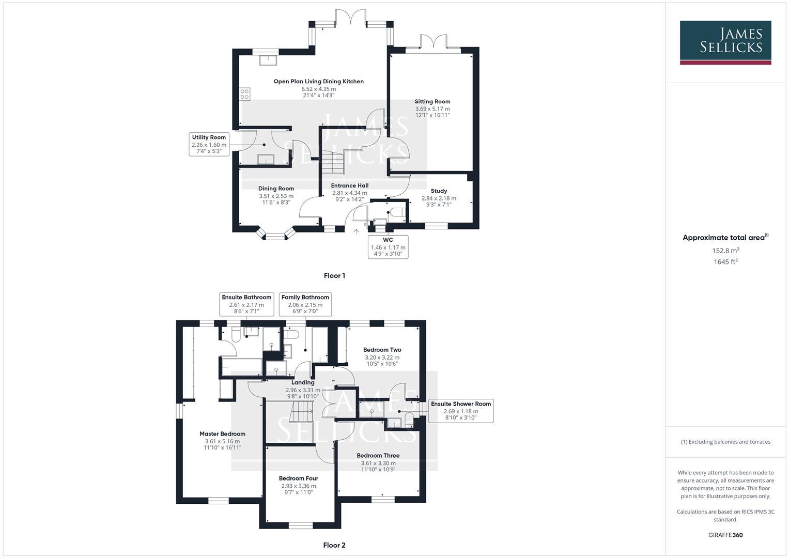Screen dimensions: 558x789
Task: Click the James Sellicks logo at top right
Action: click(725, 42)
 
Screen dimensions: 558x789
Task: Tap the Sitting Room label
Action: click(432, 102)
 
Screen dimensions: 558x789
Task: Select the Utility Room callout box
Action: click(209, 144)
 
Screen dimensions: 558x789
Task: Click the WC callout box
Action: click(388, 247)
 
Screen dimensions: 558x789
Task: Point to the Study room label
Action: click(439, 191)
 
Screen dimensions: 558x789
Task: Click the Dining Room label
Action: click(276, 189)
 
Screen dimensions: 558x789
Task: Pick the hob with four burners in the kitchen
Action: click(244, 95)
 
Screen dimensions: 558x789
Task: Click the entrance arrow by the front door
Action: click(355, 231)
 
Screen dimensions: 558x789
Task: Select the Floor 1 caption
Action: click(334, 275)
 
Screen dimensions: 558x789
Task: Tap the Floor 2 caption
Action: click(334, 545)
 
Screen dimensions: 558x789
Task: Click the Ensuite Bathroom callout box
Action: click(246, 304)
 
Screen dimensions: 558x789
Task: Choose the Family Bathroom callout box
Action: click(305, 304)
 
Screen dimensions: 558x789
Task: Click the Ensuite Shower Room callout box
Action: click(461, 411)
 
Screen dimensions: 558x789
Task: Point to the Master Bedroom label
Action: click(222, 434)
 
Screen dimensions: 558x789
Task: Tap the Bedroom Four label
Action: click(299, 478)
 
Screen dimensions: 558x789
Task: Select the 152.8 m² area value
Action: click(725, 251)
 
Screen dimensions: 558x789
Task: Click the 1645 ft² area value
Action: click(725, 262)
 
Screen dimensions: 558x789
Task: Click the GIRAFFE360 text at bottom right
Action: click(725, 535)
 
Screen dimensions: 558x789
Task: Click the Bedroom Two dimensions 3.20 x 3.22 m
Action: click(382, 357)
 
